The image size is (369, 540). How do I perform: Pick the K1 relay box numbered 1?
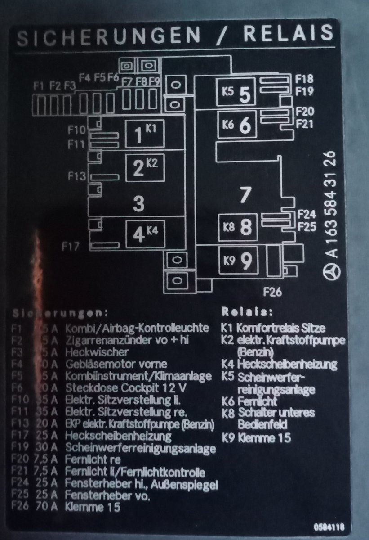point(144,134)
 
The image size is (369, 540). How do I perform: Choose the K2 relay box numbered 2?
point(144,167)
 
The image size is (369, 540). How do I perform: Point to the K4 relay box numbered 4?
point(144,234)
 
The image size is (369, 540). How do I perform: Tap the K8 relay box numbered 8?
point(238,227)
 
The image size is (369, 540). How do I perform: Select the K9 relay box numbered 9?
point(238,260)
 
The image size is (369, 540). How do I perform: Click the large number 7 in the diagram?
point(244,194)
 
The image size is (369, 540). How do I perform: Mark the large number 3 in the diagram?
point(139,204)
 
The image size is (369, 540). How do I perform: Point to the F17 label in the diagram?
point(71,246)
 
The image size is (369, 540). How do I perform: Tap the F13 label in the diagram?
point(77,176)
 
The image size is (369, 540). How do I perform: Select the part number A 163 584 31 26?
point(332,203)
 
